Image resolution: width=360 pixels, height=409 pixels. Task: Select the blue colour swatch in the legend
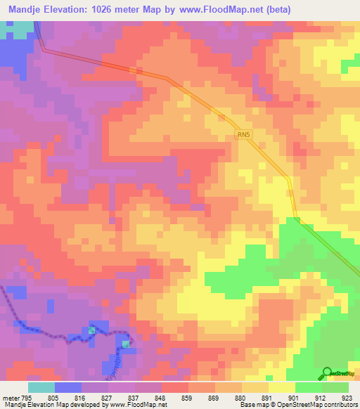tap(68, 387)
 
